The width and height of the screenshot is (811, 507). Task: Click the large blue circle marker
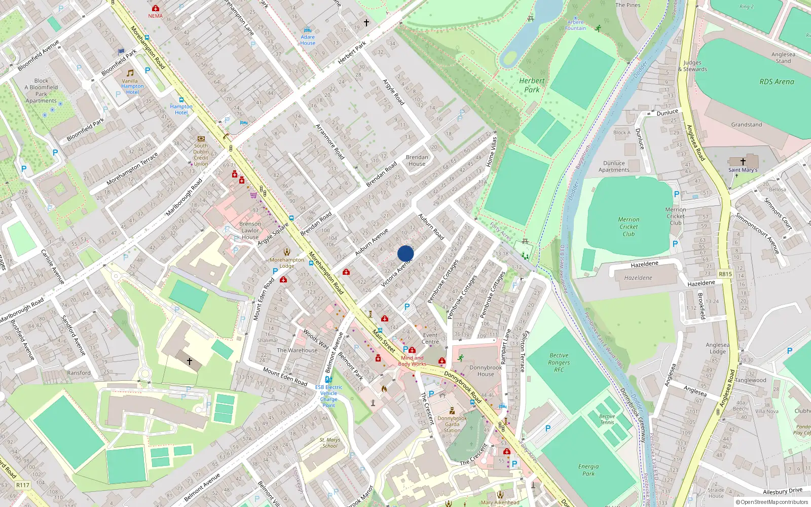pos(405,253)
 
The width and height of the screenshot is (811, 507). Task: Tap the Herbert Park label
pos(532,85)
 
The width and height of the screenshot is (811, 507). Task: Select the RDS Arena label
pos(777,82)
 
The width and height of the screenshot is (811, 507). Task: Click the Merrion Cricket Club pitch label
pos(629,227)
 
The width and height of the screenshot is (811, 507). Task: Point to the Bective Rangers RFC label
pos(559,363)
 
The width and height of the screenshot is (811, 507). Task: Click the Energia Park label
pos(588,470)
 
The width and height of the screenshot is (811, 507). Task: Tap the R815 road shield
pos(725,274)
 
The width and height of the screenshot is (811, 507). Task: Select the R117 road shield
pos(23,485)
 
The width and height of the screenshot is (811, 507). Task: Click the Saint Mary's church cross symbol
pos(743,162)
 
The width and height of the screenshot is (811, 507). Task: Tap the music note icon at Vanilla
pos(130,73)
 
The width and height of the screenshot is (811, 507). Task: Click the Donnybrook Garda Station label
pos(452,424)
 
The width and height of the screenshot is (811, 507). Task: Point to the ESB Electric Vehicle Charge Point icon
pos(328,379)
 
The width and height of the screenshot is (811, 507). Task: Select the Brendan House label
pos(417,160)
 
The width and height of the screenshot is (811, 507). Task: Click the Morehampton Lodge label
pos(287,263)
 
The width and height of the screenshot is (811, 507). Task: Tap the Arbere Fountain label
pos(575,25)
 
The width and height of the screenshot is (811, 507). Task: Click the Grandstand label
pos(746,125)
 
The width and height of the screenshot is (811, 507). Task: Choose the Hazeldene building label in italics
pos(638,278)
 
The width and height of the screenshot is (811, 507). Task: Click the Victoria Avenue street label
pos(396,274)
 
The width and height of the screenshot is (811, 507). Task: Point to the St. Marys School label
pos(329,443)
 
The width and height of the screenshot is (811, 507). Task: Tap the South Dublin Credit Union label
pos(201,155)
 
